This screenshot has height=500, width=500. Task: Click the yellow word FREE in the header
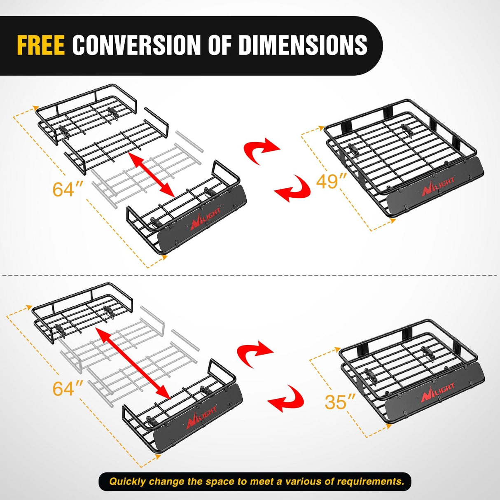(41, 45)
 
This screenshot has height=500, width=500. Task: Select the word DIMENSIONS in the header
(303, 45)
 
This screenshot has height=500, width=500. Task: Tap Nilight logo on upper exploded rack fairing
(205, 218)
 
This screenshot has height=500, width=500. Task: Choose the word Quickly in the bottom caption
(127, 481)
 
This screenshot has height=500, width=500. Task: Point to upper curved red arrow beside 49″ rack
(261, 150)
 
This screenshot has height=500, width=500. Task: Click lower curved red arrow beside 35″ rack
(287, 399)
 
